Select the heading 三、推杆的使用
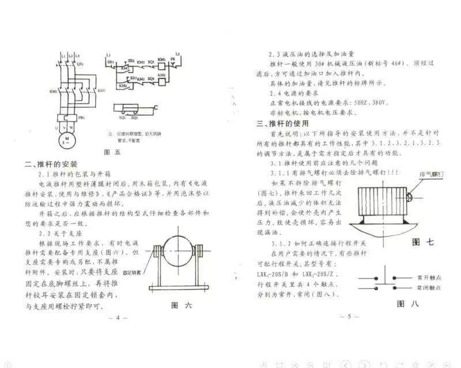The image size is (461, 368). click(282, 123)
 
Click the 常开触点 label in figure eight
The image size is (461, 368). click(429, 278)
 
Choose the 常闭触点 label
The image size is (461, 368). click(429, 287)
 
